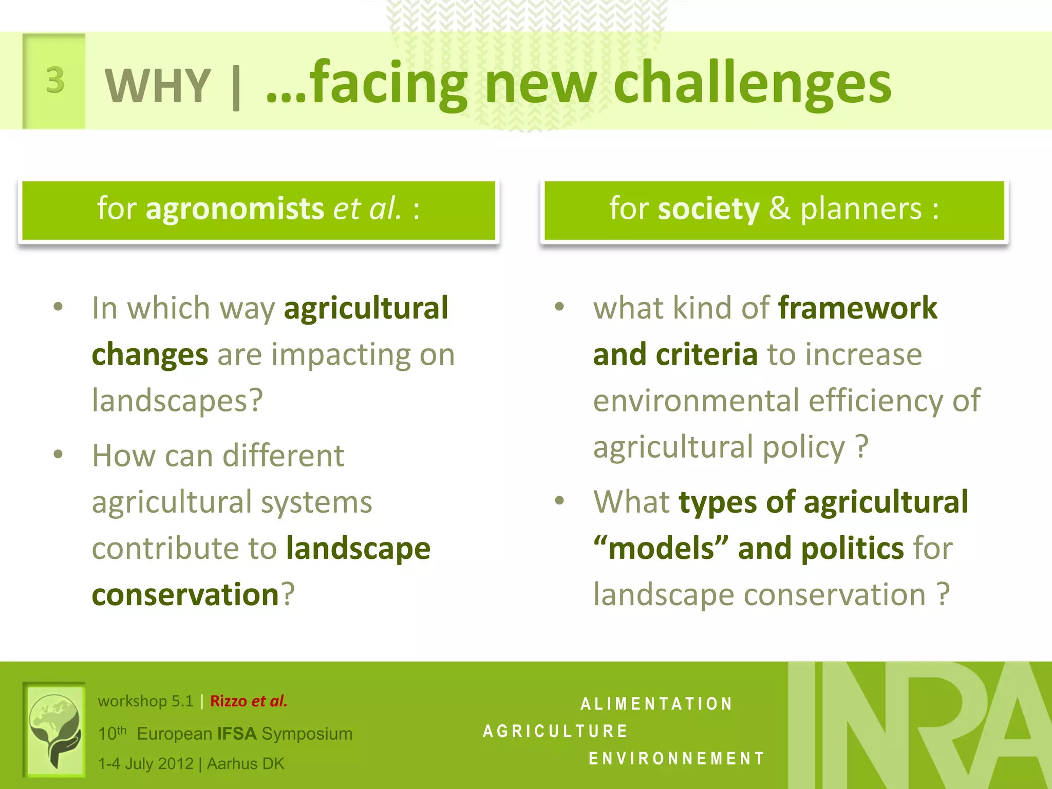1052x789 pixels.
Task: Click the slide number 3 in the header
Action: (x=55, y=81)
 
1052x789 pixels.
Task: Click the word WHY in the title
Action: (x=158, y=85)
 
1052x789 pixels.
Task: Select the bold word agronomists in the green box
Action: (x=235, y=209)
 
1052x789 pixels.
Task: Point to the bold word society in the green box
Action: (x=708, y=209)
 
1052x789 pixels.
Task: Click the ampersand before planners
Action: (x=779, y=209)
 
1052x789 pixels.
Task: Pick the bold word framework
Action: (x=857, y=308)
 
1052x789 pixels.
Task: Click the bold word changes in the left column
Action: (x=149, y=355)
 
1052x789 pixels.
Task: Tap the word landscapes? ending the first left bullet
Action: (x=177, y=401)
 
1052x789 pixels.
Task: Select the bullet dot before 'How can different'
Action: (x=58, y=455)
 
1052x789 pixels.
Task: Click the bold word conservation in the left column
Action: (x=185, y=595)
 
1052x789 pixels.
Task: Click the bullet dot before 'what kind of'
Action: (x=559, y=307)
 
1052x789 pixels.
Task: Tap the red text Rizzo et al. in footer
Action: (x=249, y=701)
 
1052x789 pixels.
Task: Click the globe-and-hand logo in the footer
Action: (x=54, y=729)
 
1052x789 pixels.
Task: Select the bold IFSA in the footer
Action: (x=237, y=734)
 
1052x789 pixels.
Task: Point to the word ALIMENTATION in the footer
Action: (x=656, y=704)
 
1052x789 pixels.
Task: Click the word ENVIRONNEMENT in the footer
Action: (x=677, y=758)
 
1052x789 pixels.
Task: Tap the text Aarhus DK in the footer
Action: (x=245, y=764)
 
